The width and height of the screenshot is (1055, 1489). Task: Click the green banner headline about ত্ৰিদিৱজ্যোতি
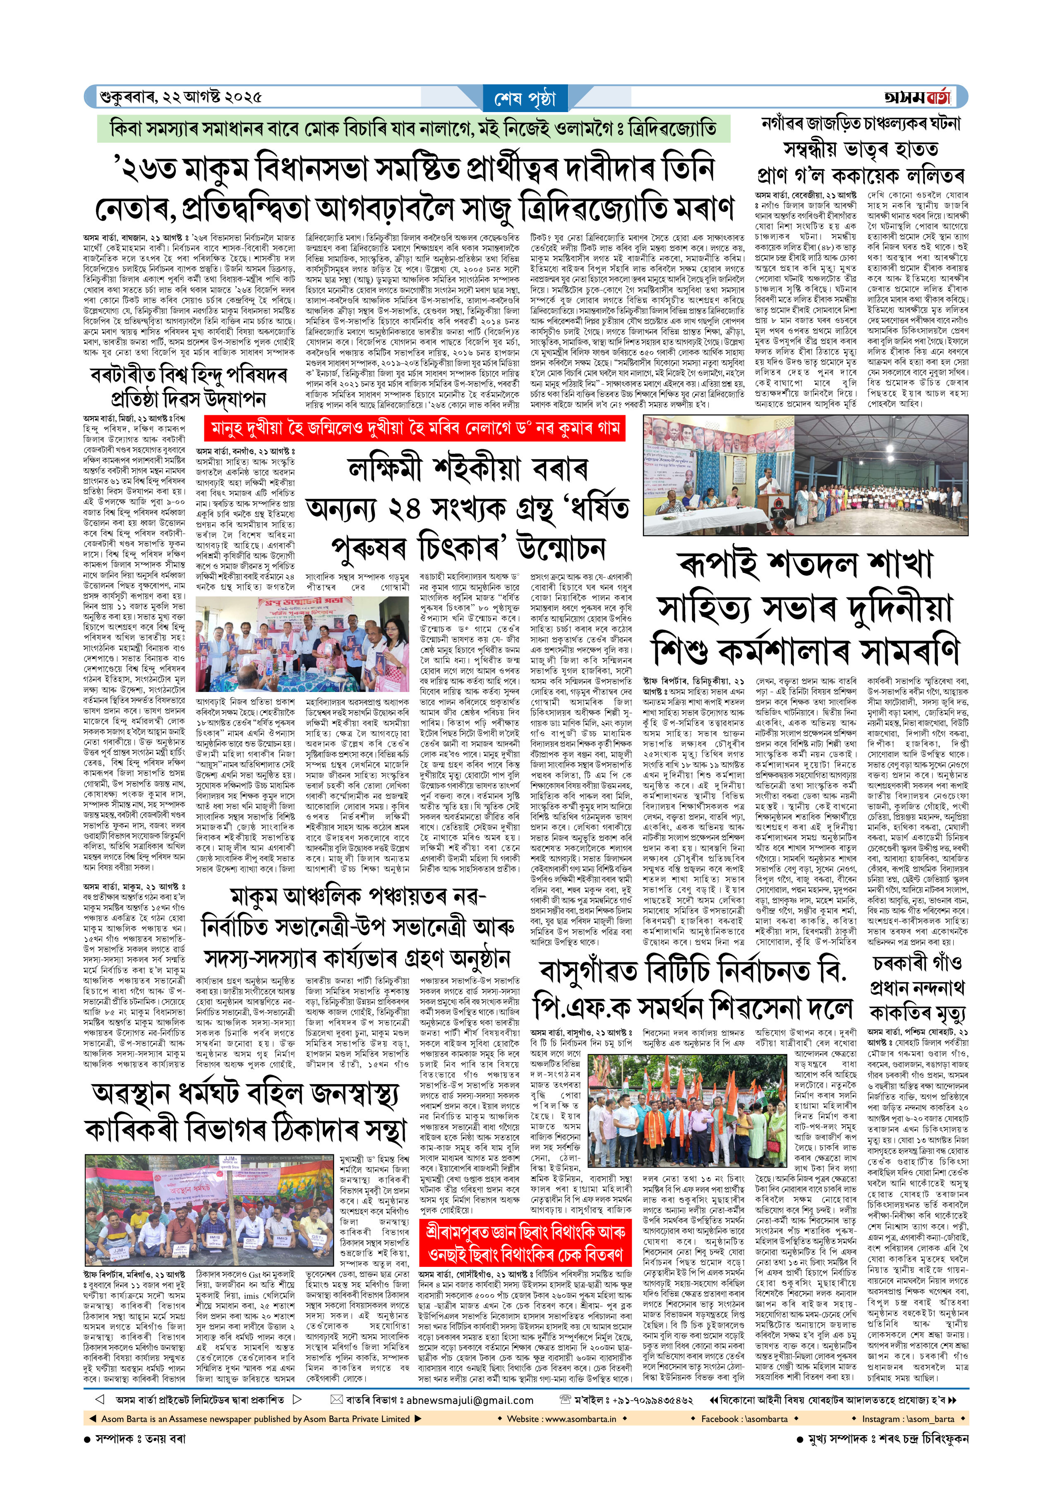click(413, 129)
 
